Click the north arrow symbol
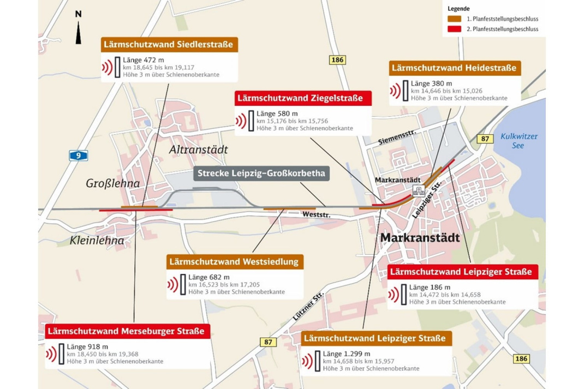[79, 32]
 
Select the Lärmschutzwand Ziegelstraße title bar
[303, 98]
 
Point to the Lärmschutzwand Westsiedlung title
[234, 261]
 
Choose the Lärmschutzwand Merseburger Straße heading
[126, 331]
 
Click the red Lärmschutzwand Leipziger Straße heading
[463, 271]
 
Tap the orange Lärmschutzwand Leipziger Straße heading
[377, 338]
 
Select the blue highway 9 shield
[79, 156]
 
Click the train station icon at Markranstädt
[419, 190]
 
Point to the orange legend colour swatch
[454, 19]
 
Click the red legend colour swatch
[454, 28]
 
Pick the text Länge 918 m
[87, 346]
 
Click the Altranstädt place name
[190, 149]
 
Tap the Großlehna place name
[113, 183]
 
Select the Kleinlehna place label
[97, 240]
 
